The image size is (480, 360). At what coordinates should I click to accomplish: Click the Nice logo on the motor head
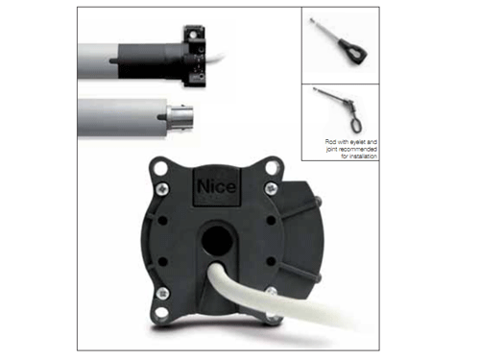click(x=217, y=186)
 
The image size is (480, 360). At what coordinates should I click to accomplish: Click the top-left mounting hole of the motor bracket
click(x=159, y=168)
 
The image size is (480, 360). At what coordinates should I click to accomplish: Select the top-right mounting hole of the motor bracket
click(x=273, y=168)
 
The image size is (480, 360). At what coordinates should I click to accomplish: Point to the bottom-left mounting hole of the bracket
click(x=161, y=312)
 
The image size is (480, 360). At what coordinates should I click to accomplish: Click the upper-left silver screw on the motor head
click(x=162, y=188)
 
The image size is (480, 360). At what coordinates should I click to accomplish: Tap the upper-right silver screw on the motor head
click(x=271, y=188)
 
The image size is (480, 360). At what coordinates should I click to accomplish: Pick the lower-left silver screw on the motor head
click(x=163, y=293)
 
